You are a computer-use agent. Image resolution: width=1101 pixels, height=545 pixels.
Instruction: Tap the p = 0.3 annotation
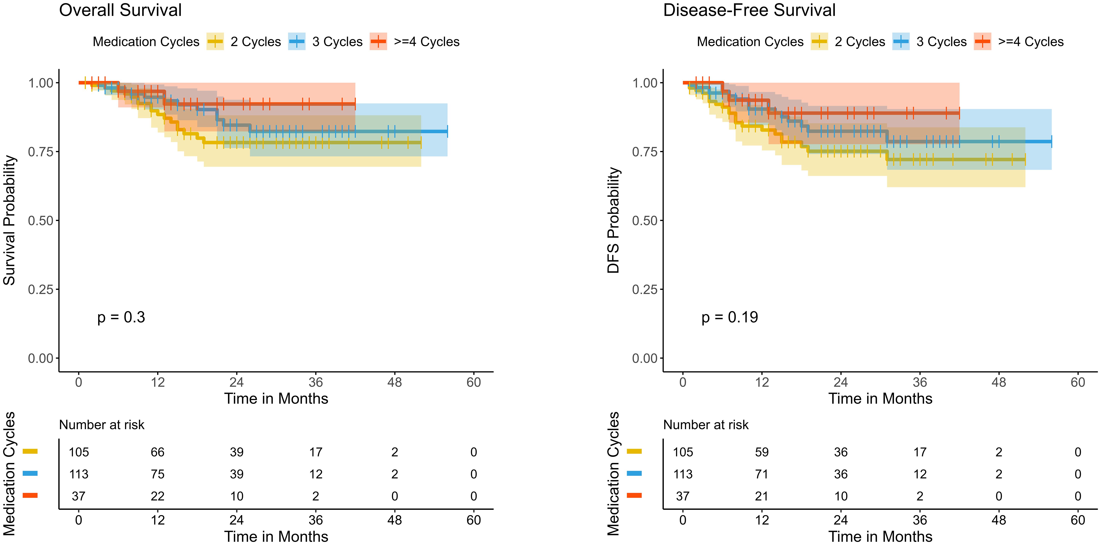[121, 317]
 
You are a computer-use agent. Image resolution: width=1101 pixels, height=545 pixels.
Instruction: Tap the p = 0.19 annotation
[730, 317]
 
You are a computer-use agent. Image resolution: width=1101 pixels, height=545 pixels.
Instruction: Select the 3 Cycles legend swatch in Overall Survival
[297, 42]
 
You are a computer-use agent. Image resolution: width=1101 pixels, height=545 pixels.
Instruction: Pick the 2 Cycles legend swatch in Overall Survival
[215, 42]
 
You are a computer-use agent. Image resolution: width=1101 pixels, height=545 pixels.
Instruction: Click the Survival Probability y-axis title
[9, 220]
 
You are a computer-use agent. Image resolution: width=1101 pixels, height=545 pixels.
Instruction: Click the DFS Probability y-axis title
[613, 220]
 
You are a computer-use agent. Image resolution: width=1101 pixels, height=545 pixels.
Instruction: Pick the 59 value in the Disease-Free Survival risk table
[762, 452]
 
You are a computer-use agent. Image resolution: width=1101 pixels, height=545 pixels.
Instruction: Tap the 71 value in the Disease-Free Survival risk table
[762, 474]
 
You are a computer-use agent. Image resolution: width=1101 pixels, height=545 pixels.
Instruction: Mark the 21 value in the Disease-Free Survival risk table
[762, 496]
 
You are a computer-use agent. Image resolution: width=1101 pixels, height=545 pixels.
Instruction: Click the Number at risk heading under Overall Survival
[102, 425]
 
